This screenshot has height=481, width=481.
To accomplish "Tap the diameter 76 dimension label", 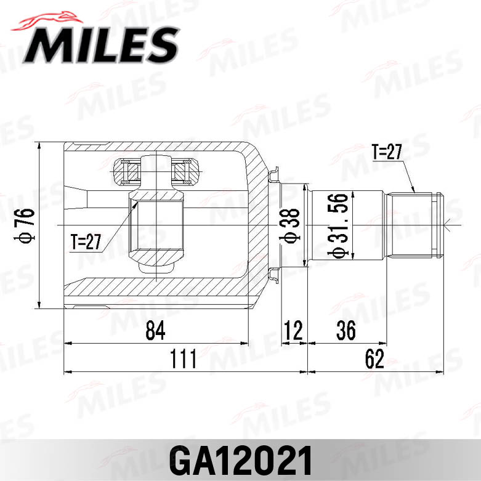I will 26,225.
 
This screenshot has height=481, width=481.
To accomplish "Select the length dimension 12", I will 294,331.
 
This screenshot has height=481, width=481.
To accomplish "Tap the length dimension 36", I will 346,331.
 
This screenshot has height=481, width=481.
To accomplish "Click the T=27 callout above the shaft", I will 386,152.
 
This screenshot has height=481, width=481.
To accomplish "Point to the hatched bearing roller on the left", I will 126,168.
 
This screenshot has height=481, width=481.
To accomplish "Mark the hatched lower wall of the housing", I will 154,286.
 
